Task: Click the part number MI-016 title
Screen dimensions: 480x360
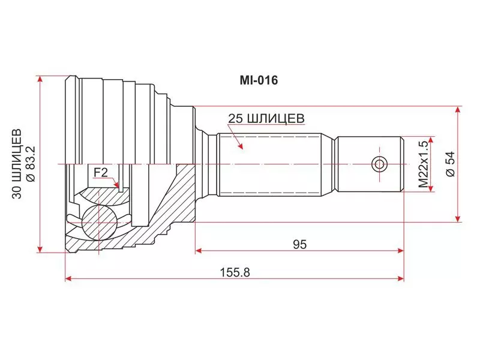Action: point(259,80)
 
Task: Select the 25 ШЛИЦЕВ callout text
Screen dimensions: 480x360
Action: point(266,118)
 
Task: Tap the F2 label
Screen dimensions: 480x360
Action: point(101,173)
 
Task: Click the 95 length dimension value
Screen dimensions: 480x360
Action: point(299,244)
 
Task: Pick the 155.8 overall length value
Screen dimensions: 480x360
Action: point(235,272)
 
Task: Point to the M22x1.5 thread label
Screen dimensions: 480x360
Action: point(423,164)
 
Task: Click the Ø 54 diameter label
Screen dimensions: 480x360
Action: point(451,164)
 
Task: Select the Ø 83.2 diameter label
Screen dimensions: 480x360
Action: point(31,164)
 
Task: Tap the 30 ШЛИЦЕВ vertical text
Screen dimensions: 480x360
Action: point(17,164)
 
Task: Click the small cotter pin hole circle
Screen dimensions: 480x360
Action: point(379,164)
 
